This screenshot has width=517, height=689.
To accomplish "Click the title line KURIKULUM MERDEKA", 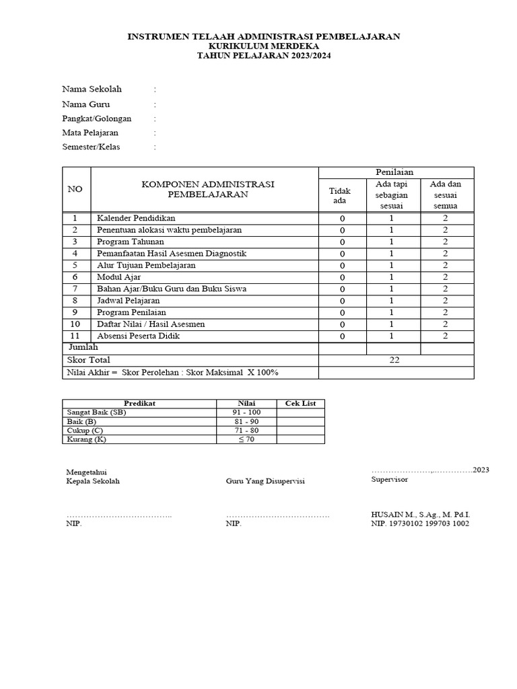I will pos(264,46).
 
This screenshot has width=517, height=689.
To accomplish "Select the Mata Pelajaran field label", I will pos(90,133).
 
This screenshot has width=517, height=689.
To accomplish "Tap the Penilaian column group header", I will pos(396,172).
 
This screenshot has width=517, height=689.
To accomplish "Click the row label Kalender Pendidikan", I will pos(136,218).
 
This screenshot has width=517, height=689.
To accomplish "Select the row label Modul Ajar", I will pos(118,277).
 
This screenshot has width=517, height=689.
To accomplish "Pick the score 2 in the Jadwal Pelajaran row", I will pos(445,301).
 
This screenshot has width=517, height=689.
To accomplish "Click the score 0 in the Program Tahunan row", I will pos(342,242).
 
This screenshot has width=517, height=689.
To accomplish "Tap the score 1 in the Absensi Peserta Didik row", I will pos(391,336).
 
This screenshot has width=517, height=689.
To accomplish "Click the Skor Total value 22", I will pos(394,360).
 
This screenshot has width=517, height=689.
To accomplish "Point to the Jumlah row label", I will pos(83,347).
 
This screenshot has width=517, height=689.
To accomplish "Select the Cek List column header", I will pos(300,403).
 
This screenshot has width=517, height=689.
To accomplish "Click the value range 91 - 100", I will pos(246,412).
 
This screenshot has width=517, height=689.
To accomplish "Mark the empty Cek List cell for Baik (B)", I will pos(300,421).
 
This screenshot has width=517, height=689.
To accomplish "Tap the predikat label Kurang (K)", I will pos(87,439).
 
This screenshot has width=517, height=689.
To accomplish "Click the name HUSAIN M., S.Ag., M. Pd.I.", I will pos(415,513).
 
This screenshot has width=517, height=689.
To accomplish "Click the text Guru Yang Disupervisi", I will pos(265,481).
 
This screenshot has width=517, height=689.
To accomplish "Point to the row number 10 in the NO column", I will pos(76,324).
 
